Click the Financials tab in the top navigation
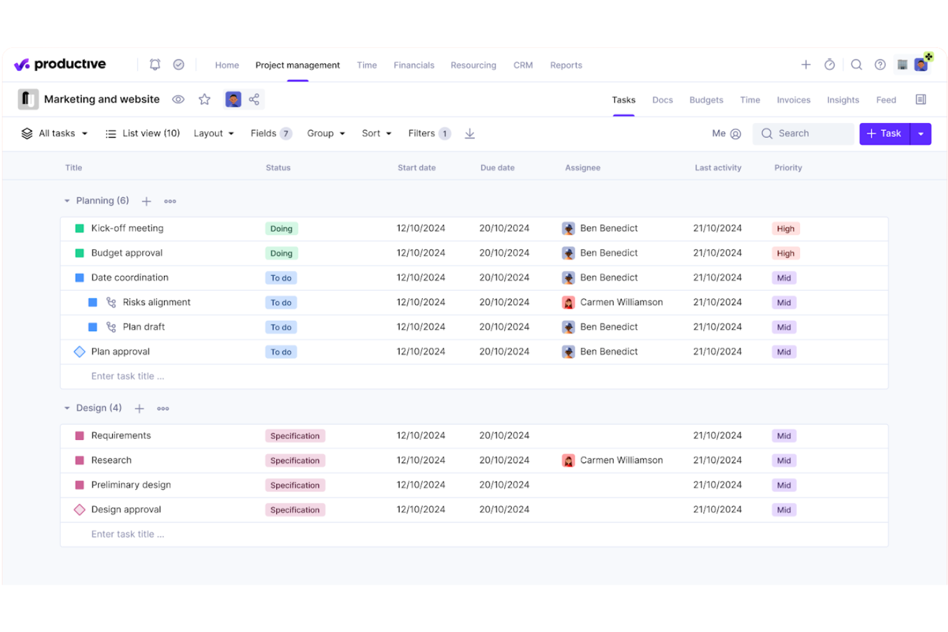coord(414,65)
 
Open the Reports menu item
coord(566,65)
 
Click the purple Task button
coord(884,134)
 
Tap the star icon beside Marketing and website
coord(204,99)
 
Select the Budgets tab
coord(706,100)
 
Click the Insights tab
coord(842,100)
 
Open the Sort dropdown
coord(376,133)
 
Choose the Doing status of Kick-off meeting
coord(281,229)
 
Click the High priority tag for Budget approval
coord(785,254)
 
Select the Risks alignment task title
coord(156,302)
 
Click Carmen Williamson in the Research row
coord(621,460)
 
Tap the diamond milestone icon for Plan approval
coord(79,352)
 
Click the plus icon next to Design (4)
coord(140,409)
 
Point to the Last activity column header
coord(717,168)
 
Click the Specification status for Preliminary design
coord(295,485)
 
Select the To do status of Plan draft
coord(281,327)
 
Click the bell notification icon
coord(155,65)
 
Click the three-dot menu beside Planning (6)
coord(170,201)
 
